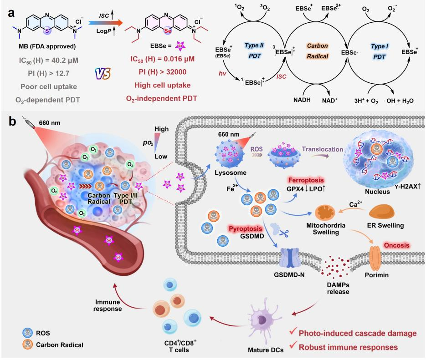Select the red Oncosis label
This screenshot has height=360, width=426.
click(402, 247)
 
